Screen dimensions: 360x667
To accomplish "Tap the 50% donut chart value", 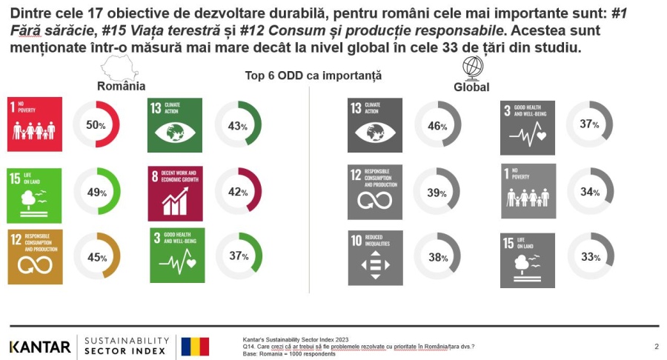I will click(96, 124).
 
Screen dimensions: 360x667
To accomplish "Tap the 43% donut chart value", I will click(238, 126).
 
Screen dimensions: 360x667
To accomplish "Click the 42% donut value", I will click(238, 192).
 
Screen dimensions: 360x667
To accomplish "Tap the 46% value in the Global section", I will click(437, 126).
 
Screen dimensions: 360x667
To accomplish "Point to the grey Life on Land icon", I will click(527, 260).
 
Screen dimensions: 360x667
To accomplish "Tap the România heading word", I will click(121, 86).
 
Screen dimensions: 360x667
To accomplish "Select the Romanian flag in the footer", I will click(195, 346).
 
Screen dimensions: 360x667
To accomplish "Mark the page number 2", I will click(656, 346).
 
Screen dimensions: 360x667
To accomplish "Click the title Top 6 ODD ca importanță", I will click(313, 76).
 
